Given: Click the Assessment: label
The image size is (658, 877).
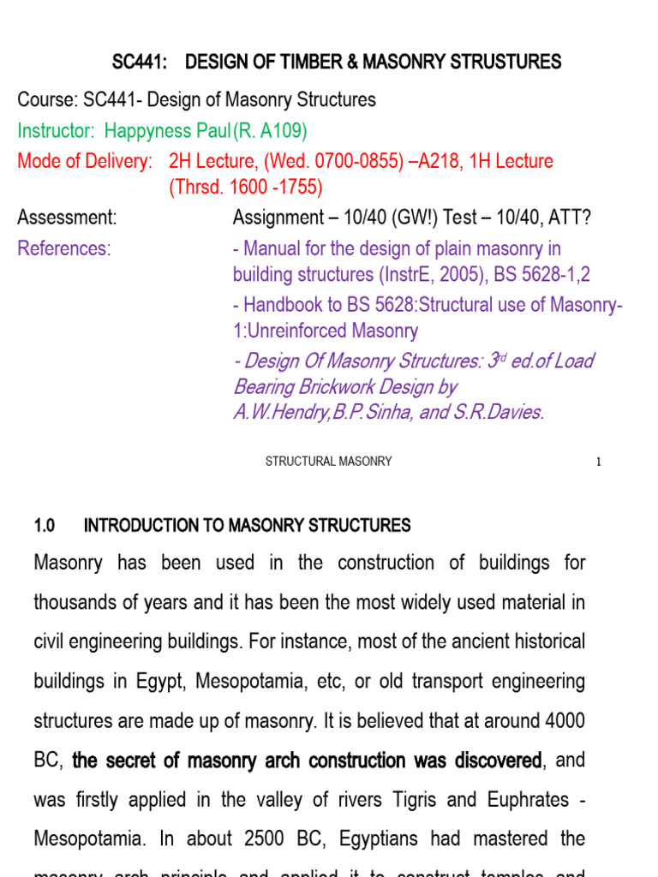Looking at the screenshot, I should (x=67, y=218).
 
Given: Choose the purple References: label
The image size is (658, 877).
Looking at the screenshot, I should (x=64, y=248).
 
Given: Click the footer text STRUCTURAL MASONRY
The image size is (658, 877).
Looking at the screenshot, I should (x=328, y=462).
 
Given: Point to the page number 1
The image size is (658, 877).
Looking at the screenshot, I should (x=599, y=462).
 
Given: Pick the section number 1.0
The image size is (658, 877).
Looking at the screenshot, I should (x=45, y=525).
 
